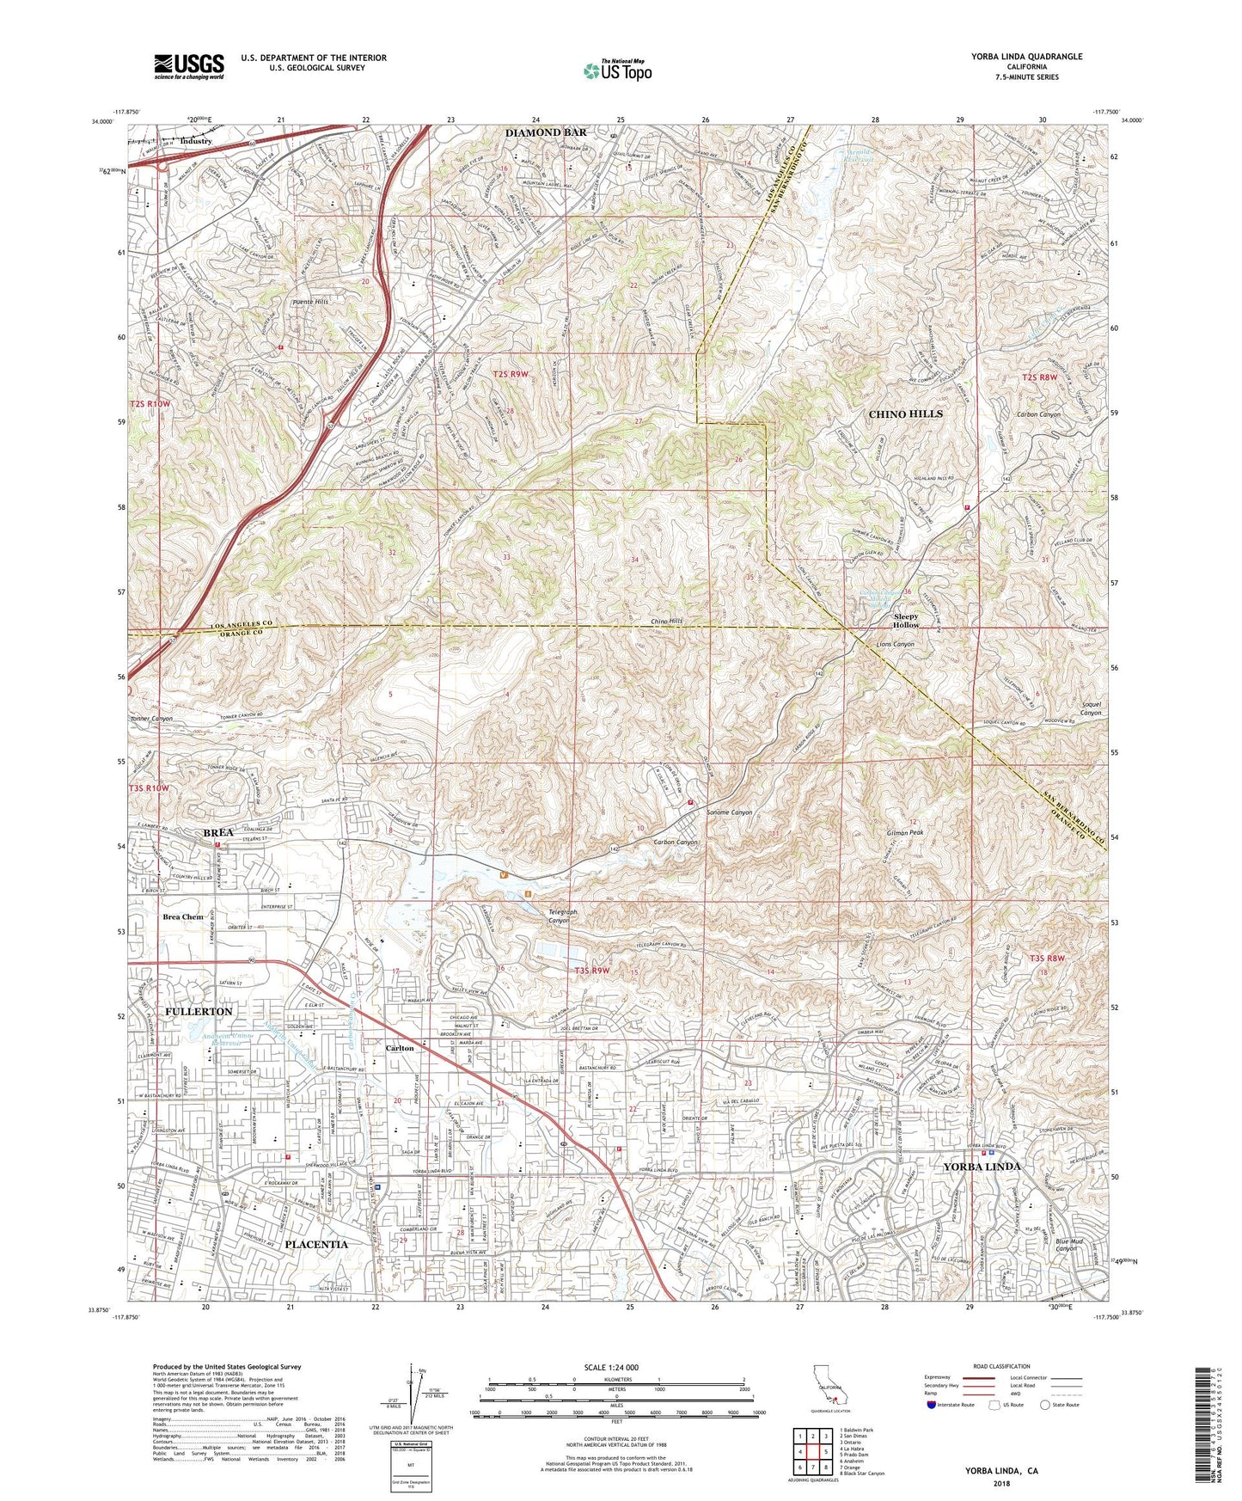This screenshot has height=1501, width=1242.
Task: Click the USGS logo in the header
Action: (x=189, y=65)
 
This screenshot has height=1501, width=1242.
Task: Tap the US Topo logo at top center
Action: (x=617, y=70)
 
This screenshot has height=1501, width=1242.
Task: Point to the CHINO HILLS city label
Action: (x=905, y=414)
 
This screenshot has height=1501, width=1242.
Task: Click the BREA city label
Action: (x=218, y=833)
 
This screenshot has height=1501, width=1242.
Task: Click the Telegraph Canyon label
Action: (x=560, y=916)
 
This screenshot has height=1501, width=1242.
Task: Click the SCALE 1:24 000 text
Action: (x=615, y=1368)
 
